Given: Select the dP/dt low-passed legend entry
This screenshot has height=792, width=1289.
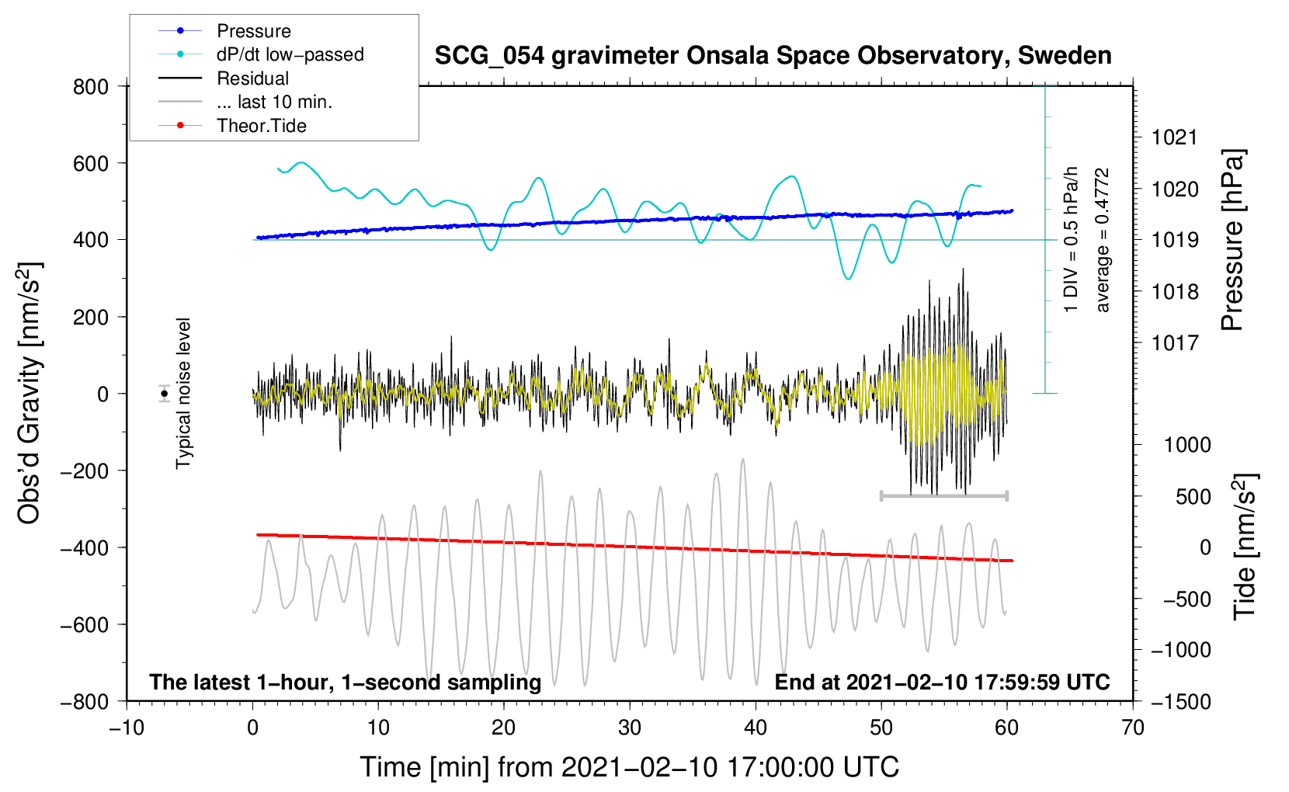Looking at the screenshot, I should coord(290,54).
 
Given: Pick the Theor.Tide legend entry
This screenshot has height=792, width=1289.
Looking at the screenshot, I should coord(261,126).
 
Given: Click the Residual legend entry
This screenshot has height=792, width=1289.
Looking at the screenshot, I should coord(252,78).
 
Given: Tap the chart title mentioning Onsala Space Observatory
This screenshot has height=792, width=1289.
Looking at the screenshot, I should coord(773,56).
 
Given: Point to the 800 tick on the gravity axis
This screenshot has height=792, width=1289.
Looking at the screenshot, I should coord(91,87).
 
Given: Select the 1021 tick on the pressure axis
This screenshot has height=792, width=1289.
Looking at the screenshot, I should coord(1175,138).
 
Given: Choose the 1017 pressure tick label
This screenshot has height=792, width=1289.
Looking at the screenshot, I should coord(1175,343).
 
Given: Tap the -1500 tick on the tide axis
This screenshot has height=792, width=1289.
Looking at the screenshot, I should coord(1181,702).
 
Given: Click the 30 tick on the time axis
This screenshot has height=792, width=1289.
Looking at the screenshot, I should coord(630,728).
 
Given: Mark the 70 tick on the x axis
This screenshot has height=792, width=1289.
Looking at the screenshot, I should coord(1133,728).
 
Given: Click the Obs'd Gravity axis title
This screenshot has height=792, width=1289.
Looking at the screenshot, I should coord(30,394).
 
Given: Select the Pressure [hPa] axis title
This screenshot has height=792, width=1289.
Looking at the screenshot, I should coord(1232,241).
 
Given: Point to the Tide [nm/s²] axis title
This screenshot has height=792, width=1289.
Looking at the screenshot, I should coord(1245,546).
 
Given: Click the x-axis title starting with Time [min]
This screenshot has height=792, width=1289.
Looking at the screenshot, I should coord(630,767).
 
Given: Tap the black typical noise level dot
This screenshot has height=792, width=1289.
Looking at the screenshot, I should coord(165,394).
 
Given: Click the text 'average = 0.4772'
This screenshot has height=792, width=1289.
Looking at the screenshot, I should coord(1102,241).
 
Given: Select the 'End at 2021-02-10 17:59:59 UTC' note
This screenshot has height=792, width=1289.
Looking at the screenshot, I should coord(942,683).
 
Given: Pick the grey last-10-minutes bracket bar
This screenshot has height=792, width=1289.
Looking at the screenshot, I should coord(944,495).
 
